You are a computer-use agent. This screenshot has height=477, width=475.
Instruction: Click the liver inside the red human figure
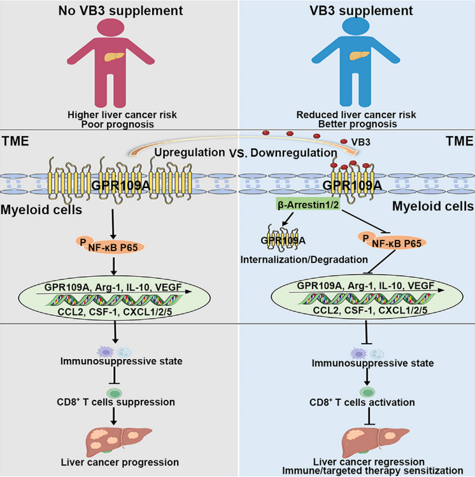pyautogui.click(x=114, y=57)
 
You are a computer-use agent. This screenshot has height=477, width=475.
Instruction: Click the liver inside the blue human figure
pyautogui.click(x=359, y=55)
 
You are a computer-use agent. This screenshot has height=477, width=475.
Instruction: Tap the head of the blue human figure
pyautogui.click(x=356, y=26)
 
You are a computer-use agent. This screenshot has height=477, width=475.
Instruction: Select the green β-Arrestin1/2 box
pyautogui.click(x=308, y=205)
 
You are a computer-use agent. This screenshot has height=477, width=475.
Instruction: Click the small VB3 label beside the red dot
pyautogui.click(x=360, y=142)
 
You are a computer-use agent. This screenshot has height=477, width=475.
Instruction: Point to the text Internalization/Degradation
pyautogui.click(x=304, y=260)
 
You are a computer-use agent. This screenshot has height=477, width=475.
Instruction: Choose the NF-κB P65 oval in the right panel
pyautogui.click(x=392, y=241)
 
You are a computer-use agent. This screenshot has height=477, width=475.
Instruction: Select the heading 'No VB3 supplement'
pyautogui.click(x=120, y=11)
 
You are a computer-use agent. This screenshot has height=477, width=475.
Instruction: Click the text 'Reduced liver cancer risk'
pyautogui.click(x=357, y=115)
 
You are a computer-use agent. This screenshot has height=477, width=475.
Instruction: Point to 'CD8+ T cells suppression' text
pyautogui.click(x=116, y=402)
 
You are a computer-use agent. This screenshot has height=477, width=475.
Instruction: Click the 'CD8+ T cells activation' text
pyautogui.click(x=362, y=402)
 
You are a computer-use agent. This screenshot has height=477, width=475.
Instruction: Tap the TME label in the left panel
pyautogui.click(x=15, y=141)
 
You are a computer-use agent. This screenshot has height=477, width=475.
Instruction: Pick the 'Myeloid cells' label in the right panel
pyautogui.click(x=433, y=206)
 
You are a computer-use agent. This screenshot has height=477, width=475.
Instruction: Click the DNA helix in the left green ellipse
pyautogui.click(x=114, y=300)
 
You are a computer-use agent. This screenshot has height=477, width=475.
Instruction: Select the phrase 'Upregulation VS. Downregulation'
pyautogui.click(x=246, y=152)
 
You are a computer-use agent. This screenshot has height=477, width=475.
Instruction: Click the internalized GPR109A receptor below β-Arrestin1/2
pyautogui.click(x=283, y=237)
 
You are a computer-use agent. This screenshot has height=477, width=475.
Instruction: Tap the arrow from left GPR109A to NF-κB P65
pyautogui.click(x=113, y=224)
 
